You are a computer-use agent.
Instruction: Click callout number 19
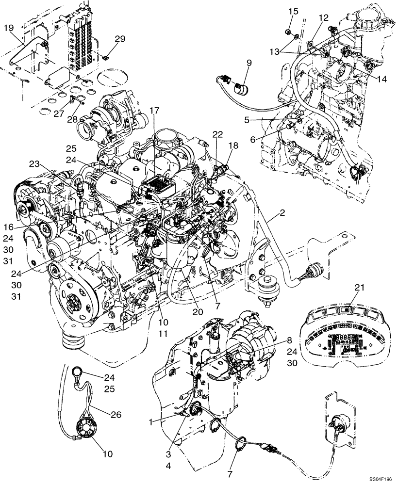[9, 28]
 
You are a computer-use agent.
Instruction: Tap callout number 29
[120, 38]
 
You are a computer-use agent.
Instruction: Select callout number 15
[292, 11]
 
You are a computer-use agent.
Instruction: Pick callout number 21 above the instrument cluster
[359, 288]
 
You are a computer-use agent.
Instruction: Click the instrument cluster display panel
[340, 335]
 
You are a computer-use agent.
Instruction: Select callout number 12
[323, 17]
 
